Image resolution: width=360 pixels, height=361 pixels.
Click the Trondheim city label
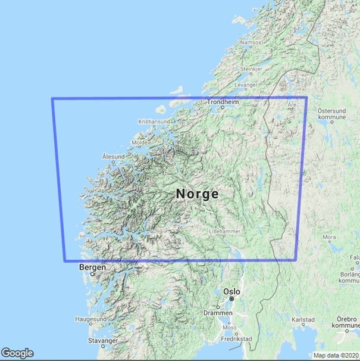tap(222, 102)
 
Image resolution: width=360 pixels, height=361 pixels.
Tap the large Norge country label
tap(197, 194)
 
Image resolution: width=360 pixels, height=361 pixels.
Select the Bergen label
tap(92, 268)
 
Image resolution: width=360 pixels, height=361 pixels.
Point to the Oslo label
tap(231, 292)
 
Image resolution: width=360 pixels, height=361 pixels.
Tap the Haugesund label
tap(90, 319)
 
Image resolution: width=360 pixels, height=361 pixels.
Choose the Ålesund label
tap(113, 156)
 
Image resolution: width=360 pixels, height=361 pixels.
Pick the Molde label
tap(140, 143)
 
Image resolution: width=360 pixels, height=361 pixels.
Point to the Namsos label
tap(251, 42)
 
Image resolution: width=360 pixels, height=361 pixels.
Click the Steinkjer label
tap(251, 69)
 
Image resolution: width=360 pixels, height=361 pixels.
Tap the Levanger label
tap(246, 86)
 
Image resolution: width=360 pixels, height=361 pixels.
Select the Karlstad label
tap(303, 320)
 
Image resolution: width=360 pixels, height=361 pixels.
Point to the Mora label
tap(329, 237)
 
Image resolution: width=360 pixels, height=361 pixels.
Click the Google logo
tap(17, 353)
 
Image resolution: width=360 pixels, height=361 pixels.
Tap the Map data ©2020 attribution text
tap(336, 356)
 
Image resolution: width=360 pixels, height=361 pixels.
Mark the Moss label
tap(228, 327)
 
